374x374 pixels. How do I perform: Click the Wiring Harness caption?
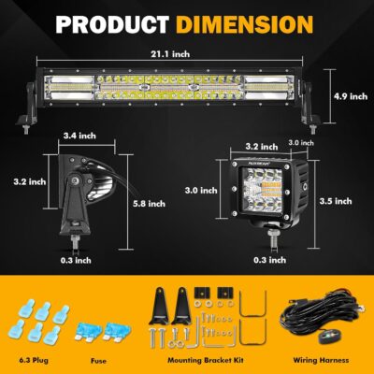[321, 357]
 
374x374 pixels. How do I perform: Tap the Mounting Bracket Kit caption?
[209, 357]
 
